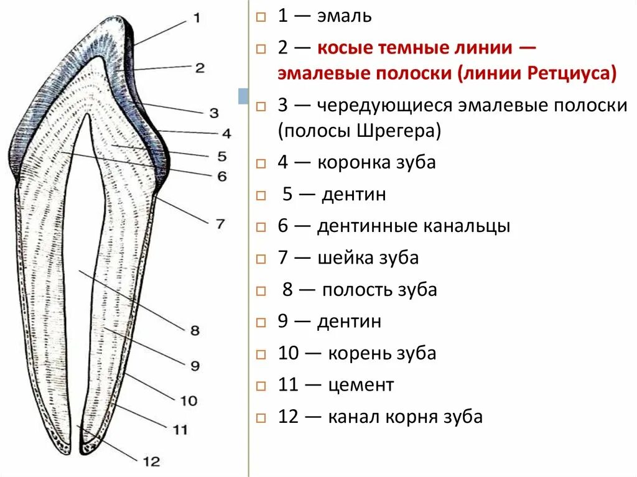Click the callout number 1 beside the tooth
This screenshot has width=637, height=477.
(x=197, y=19)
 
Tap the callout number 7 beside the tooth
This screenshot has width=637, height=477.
(x=220, y=224)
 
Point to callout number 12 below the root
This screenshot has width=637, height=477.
(x=151, y=461)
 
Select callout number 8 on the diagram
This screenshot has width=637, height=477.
(x=195, y=331)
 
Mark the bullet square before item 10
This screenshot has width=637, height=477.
(x=262, y=354)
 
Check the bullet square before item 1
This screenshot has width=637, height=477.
(x=262, y=17)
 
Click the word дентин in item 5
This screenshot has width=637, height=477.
(x=354, y=195)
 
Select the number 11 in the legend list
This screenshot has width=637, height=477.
(x=289, y=385)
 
